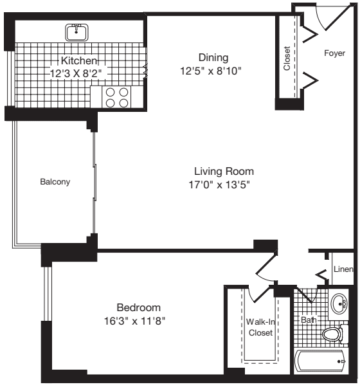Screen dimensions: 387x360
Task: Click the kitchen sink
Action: click(x=77, y=31)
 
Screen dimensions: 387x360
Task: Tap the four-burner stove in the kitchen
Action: click(x=116, y=96)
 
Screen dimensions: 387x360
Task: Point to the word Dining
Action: click(x=213, y=57)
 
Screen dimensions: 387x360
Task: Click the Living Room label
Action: click(x=224, y=171)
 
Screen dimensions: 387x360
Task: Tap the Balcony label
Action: click(x=55, y=182)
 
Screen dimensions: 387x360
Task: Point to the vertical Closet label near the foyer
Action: click(x=287, y=58)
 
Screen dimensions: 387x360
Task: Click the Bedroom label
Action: click(x=138, y=307)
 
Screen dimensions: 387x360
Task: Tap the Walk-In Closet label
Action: click(x=260, y=327)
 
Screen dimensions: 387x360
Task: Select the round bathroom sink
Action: click(x=339, y=304)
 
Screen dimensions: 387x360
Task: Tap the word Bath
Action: click(x=309, y=319)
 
